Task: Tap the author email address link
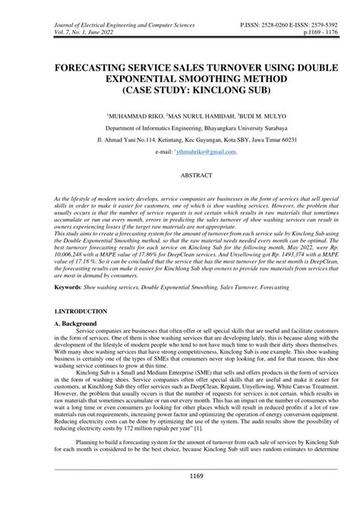[206, 152]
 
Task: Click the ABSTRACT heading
[180, 174]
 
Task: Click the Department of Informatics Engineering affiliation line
[180, 130]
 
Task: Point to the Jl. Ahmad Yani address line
[180, 141]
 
